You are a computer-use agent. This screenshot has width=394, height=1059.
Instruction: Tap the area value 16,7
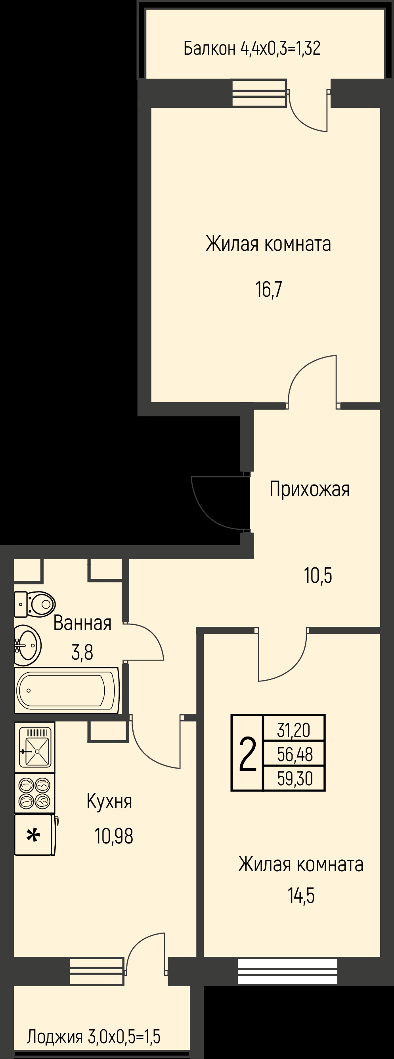tap(269, 290)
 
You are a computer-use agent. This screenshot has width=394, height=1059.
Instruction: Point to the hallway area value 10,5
tap(318, 576)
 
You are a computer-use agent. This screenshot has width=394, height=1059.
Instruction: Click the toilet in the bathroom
tap(34, 604)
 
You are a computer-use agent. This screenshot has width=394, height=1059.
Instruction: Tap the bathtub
tap(67, 690)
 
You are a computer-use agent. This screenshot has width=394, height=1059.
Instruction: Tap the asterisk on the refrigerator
tap(33, 835)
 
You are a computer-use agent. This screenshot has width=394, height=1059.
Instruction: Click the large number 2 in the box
tap(248, 754)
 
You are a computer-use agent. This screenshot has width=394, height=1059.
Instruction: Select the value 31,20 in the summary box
tap(293, 731)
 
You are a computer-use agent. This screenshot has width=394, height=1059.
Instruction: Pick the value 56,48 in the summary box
tap(295, 754)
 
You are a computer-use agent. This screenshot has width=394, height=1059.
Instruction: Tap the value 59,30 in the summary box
tap(295, 778)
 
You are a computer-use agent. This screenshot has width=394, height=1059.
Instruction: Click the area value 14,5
tap(301, 896)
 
